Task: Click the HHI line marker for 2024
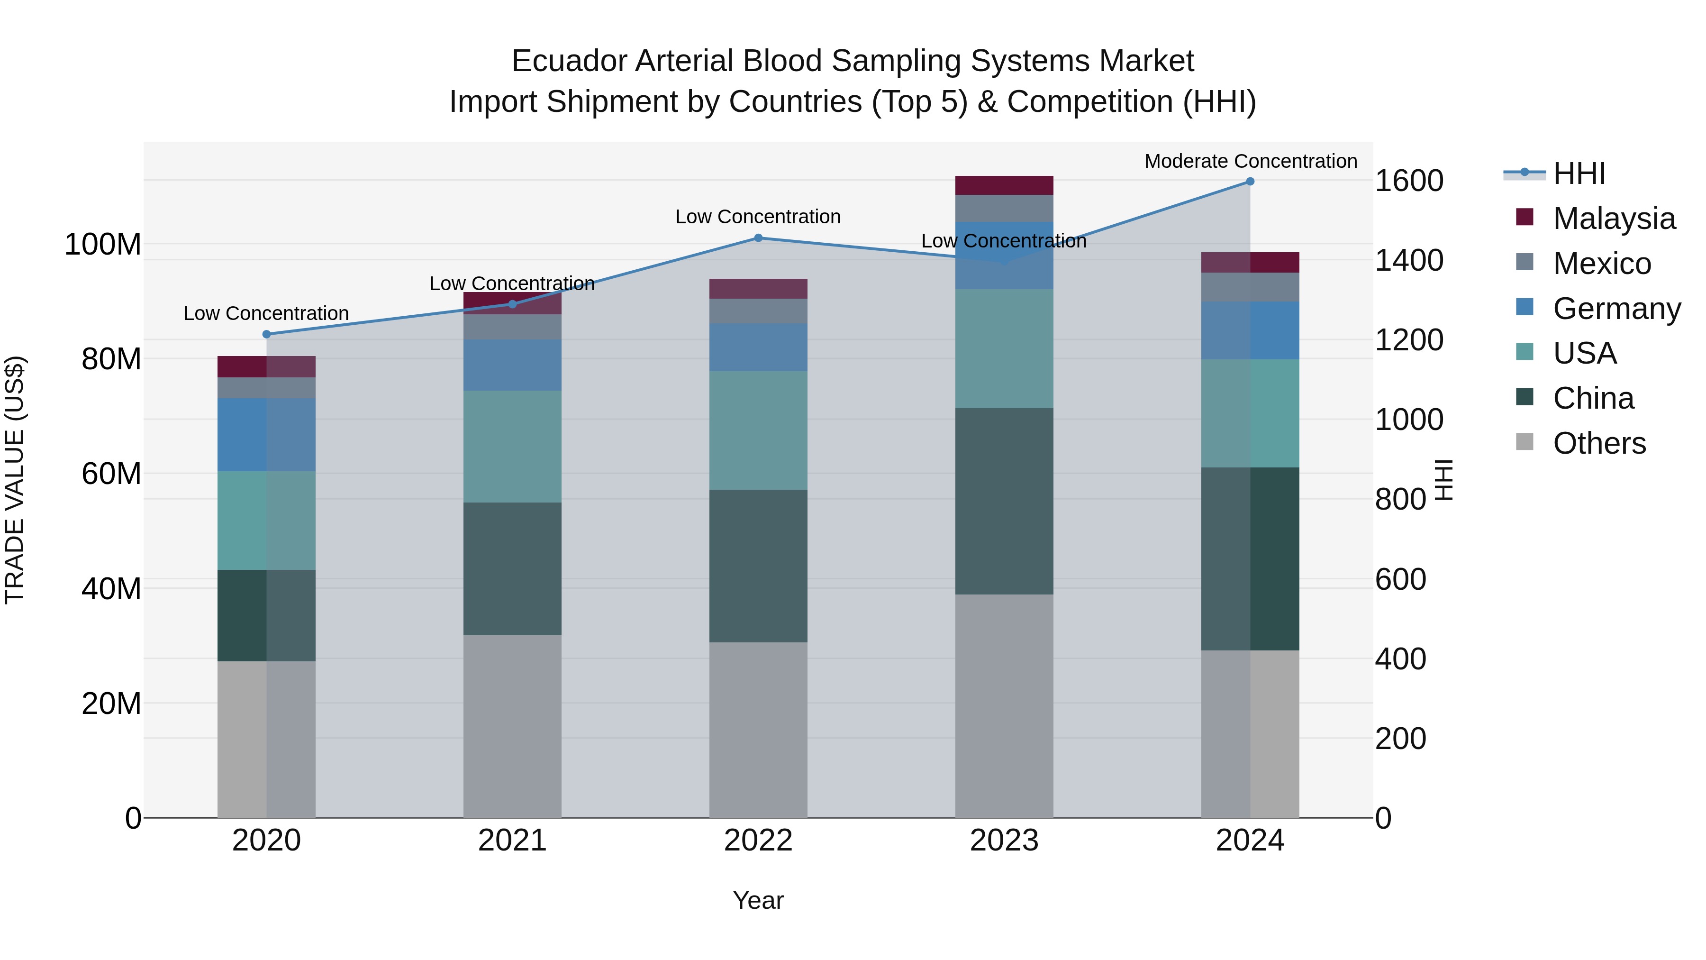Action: (1250, 182)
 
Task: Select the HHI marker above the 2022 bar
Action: (758, 238)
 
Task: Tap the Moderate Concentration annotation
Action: (1251, 161)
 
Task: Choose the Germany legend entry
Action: (1616, 309)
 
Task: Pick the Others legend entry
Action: (1599, 443)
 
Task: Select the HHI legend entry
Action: (1579, 174)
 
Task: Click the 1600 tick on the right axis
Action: (1409, 181)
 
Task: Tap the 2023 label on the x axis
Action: (1004, 841)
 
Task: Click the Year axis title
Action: (758, 900)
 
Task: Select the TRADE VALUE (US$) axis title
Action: (15, 480)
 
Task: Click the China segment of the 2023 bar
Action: (1004, 501)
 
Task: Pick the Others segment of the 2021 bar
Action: (512, 726)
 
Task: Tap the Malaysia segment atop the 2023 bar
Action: (1004, 185)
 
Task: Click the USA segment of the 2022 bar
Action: (758, 430)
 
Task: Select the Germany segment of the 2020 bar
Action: (266, 435)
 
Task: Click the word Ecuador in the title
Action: (570, 61)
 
